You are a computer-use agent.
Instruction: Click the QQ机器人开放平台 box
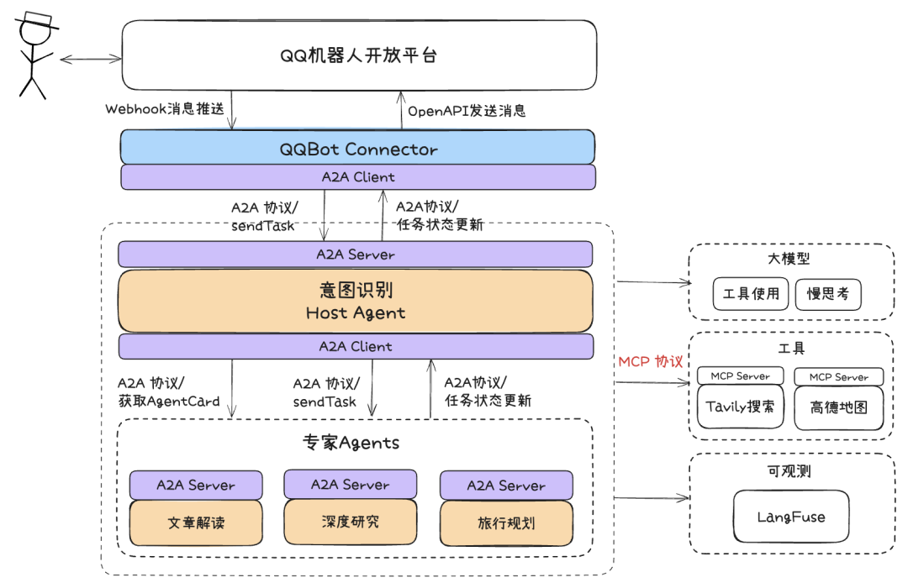(x=359, y=55)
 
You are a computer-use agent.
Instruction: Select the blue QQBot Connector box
(x=358, y=149)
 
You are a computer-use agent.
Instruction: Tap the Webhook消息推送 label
(x=165, y=109)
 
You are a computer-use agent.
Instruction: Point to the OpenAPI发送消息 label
(x=467, y=110)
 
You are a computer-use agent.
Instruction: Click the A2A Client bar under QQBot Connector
(x=358, y=177)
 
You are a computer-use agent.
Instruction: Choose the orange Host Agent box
(x=355, y=301)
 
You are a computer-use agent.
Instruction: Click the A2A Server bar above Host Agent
(x=355, y=254)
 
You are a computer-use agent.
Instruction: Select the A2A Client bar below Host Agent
(x=355, y=346)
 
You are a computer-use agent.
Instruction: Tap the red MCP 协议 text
(x=651, y=361)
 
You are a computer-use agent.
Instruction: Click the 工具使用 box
(x=750, y=294)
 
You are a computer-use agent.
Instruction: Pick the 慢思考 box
(x=827, y=294)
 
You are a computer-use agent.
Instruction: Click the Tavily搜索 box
(x=740, y=407)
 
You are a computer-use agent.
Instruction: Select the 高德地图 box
(x=838, y=408)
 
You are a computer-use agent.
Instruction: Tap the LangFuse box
(x=790, y=517)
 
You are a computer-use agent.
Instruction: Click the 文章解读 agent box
(x=196, y=523)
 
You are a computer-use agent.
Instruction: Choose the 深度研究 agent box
(x=350, y=522)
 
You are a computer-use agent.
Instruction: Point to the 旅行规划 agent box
(x=506, y=523)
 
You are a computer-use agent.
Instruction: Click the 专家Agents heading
(x=351, y=443)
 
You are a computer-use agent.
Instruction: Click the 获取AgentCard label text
(x=169, y=402)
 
